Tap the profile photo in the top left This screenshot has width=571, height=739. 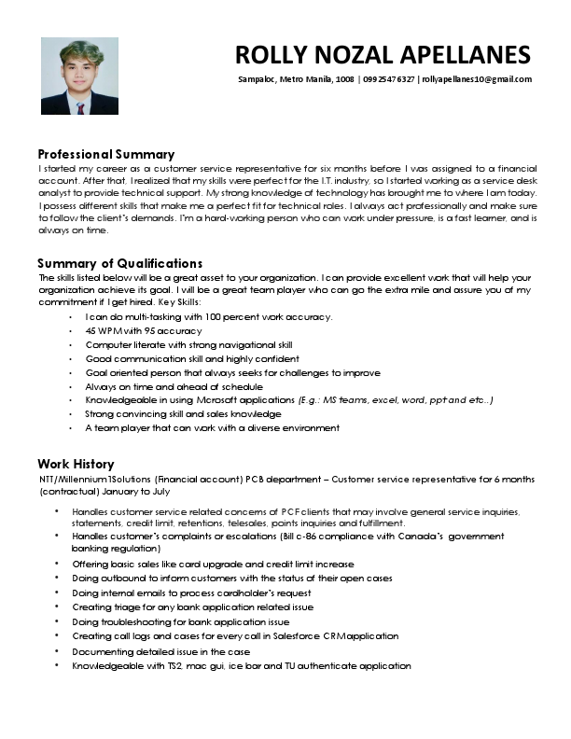[79, 76]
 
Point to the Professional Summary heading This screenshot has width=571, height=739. [105, 153]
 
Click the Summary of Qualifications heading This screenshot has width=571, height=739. [119, 263]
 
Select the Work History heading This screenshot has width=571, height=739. [76, 464]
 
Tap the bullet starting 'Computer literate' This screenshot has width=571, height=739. [188, 344]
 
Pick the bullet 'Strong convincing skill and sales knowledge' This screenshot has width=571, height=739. [183, 413]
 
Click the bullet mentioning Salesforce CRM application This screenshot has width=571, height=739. [235, 635]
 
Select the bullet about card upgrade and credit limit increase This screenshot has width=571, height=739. [213, 564]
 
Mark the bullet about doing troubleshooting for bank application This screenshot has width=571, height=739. [180, 621]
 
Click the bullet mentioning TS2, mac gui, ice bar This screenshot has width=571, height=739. [241, 665]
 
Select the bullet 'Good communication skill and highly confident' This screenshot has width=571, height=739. [192, 358]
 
